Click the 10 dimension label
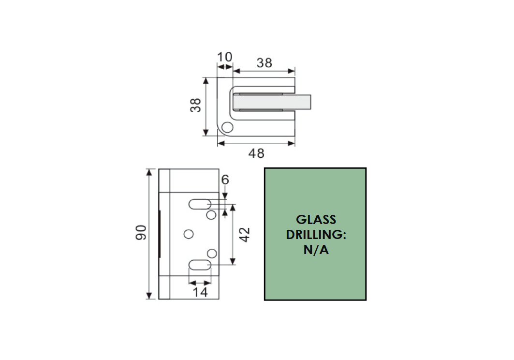click(225, 58)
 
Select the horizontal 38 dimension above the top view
click(264, 63)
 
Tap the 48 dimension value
click(256, 153)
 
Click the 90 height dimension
click(141, 234)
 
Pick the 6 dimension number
click(225, 180)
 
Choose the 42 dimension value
click(245, 235)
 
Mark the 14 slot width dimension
click(200, 292)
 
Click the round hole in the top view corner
click(227, 128)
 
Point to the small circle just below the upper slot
click(211, 214)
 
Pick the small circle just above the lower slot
click(211, 253)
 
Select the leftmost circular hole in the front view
click(189, 234)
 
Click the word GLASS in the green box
click(316, 220)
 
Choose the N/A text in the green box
click(316, 251)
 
